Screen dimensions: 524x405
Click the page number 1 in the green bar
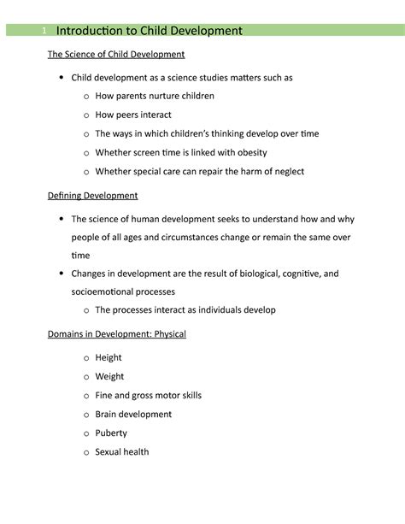point(44,32)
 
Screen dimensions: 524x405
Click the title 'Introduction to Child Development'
point(149,32)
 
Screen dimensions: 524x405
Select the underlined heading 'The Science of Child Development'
point(115,55)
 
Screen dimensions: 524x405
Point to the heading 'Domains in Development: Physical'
point(116,333)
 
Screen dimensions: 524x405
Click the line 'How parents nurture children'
point(154,96)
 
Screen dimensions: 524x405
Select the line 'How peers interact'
point(132,115)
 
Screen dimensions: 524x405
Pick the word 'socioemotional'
point(107,291)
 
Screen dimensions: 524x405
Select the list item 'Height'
point(109,357)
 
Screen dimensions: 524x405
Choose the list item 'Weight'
point(109,376)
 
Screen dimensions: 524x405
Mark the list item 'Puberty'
point(110,433)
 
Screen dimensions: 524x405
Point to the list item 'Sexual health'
point(121,451)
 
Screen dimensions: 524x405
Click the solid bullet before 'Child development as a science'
point(62,78)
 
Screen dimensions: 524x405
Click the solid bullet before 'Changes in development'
point(62,274)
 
